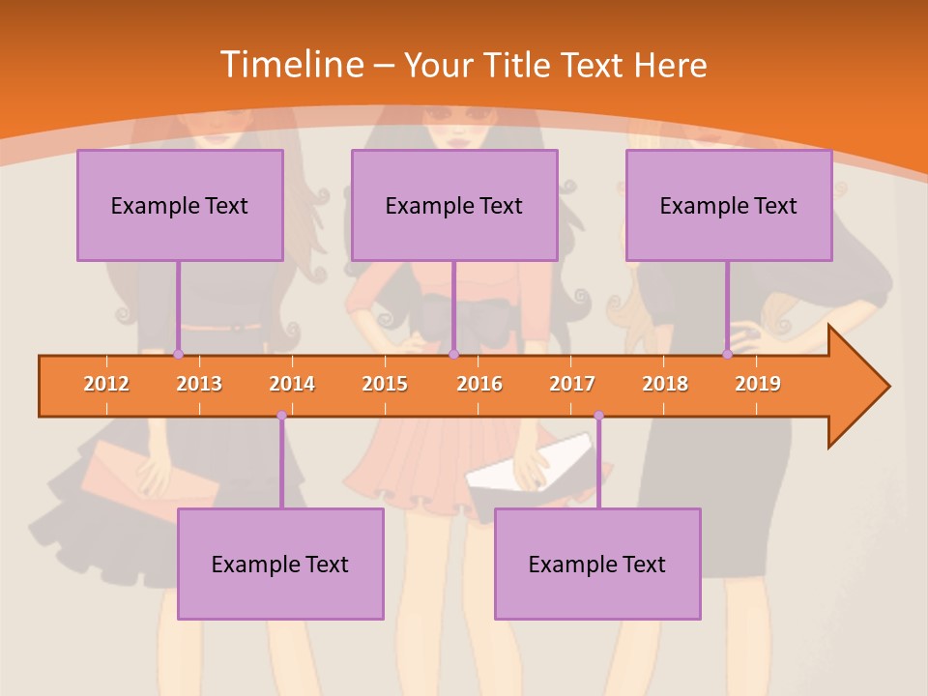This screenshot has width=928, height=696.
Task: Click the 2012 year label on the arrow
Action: [106, 384]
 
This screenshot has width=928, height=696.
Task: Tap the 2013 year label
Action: [199, 384]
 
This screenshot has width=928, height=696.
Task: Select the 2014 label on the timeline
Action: [292, 384]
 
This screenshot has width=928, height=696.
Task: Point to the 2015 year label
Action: [385, 384]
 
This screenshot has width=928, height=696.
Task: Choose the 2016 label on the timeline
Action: [479, 384]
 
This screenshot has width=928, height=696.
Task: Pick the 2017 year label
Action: [572, 384]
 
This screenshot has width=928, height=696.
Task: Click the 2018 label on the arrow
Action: [665, 384]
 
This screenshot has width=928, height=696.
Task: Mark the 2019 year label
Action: [758, 384]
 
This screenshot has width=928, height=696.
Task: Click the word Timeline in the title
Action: [290, 65]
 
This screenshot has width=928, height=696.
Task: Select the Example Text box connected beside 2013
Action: [180, 205]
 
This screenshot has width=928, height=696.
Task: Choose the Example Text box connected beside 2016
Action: [454, 205]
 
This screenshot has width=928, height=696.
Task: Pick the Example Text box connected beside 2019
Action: [729, 205]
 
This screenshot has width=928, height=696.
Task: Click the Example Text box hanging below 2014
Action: [280, 564]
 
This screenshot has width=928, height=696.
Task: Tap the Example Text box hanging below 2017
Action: [597, 564]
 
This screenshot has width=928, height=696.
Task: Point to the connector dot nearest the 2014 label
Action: [281, 416]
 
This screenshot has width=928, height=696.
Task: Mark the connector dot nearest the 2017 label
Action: [598, 416]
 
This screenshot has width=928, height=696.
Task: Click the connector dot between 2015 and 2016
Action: [453, 355]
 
